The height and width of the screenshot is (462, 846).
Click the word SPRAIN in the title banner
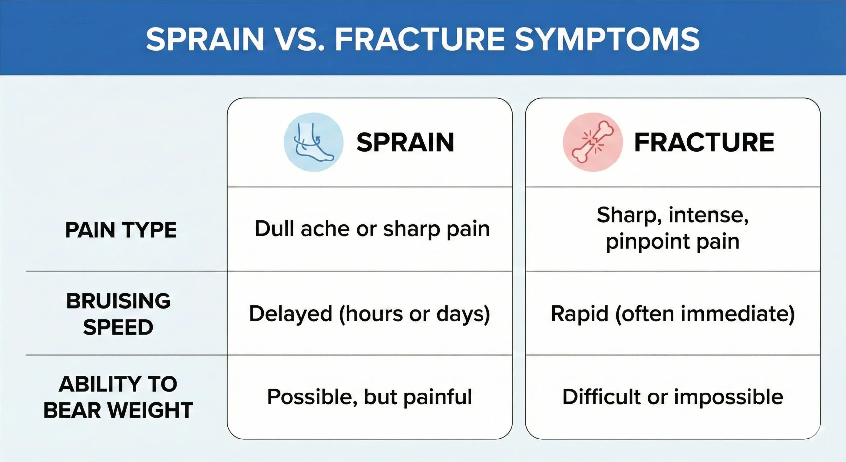click(x=205, y=39)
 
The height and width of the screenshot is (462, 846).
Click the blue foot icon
click(x=313, y=142)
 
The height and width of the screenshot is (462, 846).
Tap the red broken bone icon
click(x=593, y=142)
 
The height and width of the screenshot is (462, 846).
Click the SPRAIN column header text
click(x=405, y=143)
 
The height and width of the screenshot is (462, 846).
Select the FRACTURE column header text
click(x=704, y=143)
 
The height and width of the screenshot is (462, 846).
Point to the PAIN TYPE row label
click(x=121, y=230)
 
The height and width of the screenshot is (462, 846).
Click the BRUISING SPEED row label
click(x=118, y=314)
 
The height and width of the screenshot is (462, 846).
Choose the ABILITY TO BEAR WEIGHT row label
click(x=118, y=397)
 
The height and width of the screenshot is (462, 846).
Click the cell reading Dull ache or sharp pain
click(x=372, y=229)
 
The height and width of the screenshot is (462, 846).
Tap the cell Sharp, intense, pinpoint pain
click(x=673, y=228)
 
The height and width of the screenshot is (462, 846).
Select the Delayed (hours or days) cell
click(x=369, y=314)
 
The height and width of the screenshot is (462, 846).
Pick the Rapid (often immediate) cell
click(x=673, y=314)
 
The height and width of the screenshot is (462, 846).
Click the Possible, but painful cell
click(x=369, y=397)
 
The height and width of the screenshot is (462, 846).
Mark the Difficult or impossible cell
click(x=673, y=397)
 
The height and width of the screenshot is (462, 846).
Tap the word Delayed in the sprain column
click(x=290, y=314)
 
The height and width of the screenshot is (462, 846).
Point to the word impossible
click(x=728, y=397)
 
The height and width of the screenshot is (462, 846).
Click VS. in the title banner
click(x=299, y=39)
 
